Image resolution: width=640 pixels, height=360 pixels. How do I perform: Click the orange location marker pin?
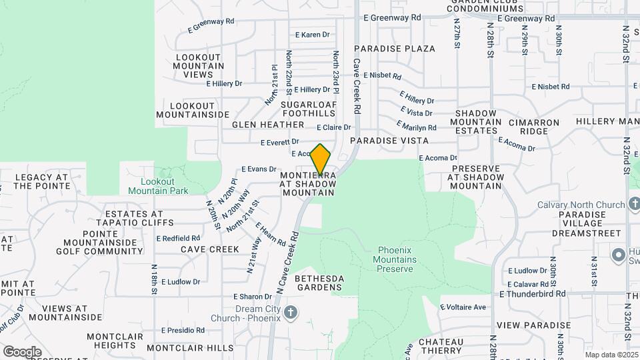321,159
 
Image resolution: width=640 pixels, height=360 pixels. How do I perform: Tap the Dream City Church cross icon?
291,313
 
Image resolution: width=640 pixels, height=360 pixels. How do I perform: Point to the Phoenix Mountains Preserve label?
396,259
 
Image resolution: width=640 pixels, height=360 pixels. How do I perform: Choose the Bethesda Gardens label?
319,283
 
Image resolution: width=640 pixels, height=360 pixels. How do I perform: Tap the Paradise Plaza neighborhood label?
395,49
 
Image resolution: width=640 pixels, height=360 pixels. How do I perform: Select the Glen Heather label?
268,125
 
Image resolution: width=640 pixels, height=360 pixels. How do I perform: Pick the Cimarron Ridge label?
529,127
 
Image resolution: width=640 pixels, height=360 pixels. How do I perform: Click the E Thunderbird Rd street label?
532,293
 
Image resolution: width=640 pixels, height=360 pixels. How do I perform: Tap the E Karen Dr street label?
313,35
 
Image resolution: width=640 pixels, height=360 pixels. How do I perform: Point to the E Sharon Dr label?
251,297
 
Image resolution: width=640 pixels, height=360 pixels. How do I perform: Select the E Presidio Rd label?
183,330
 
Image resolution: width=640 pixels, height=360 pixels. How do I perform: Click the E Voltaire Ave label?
463,307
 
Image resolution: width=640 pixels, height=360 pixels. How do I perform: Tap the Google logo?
22,351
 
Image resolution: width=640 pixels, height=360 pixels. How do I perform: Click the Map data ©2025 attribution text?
611,355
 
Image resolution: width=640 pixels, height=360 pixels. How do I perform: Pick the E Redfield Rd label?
179,238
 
